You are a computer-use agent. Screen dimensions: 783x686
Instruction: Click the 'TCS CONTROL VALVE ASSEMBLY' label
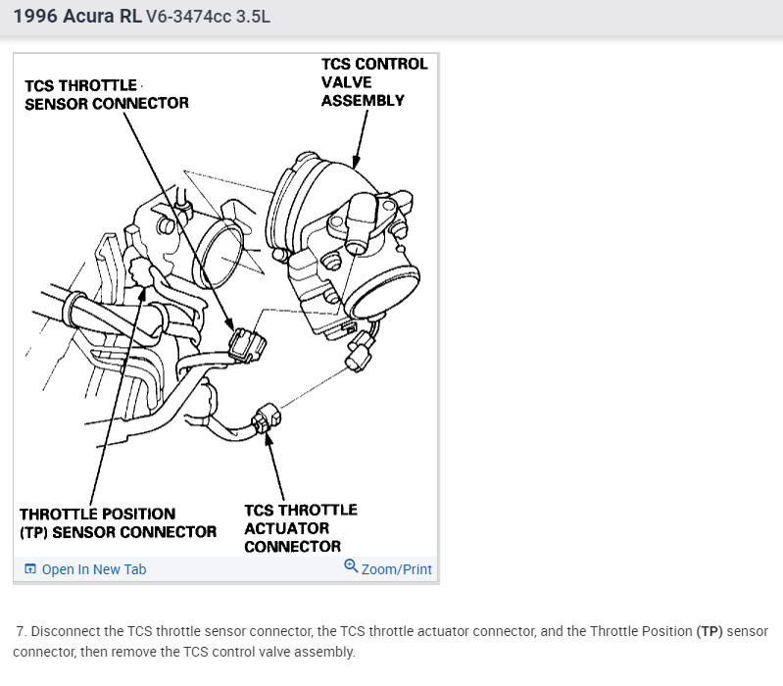(374, 81)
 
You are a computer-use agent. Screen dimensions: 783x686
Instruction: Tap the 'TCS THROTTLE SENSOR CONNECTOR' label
(107, 94)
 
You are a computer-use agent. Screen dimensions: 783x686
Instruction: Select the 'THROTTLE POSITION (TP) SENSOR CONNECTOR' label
(118, 522)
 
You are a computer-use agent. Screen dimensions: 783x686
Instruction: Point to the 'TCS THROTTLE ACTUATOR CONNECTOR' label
(300, 527)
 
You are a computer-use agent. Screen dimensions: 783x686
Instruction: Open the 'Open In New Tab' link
(93, 569)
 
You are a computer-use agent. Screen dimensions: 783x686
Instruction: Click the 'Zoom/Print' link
(396, 569)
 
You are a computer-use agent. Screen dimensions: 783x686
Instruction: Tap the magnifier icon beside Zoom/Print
(351, 566)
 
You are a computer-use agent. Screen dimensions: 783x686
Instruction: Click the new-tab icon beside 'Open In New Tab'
(30, 569)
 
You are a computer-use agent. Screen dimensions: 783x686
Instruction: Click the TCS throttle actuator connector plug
(263, 422)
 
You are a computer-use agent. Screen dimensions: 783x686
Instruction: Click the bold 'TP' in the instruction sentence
(710, 632)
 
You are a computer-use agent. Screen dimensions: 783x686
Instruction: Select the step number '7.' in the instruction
(21, 632)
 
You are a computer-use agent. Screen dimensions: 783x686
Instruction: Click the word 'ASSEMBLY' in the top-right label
(363, 100)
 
